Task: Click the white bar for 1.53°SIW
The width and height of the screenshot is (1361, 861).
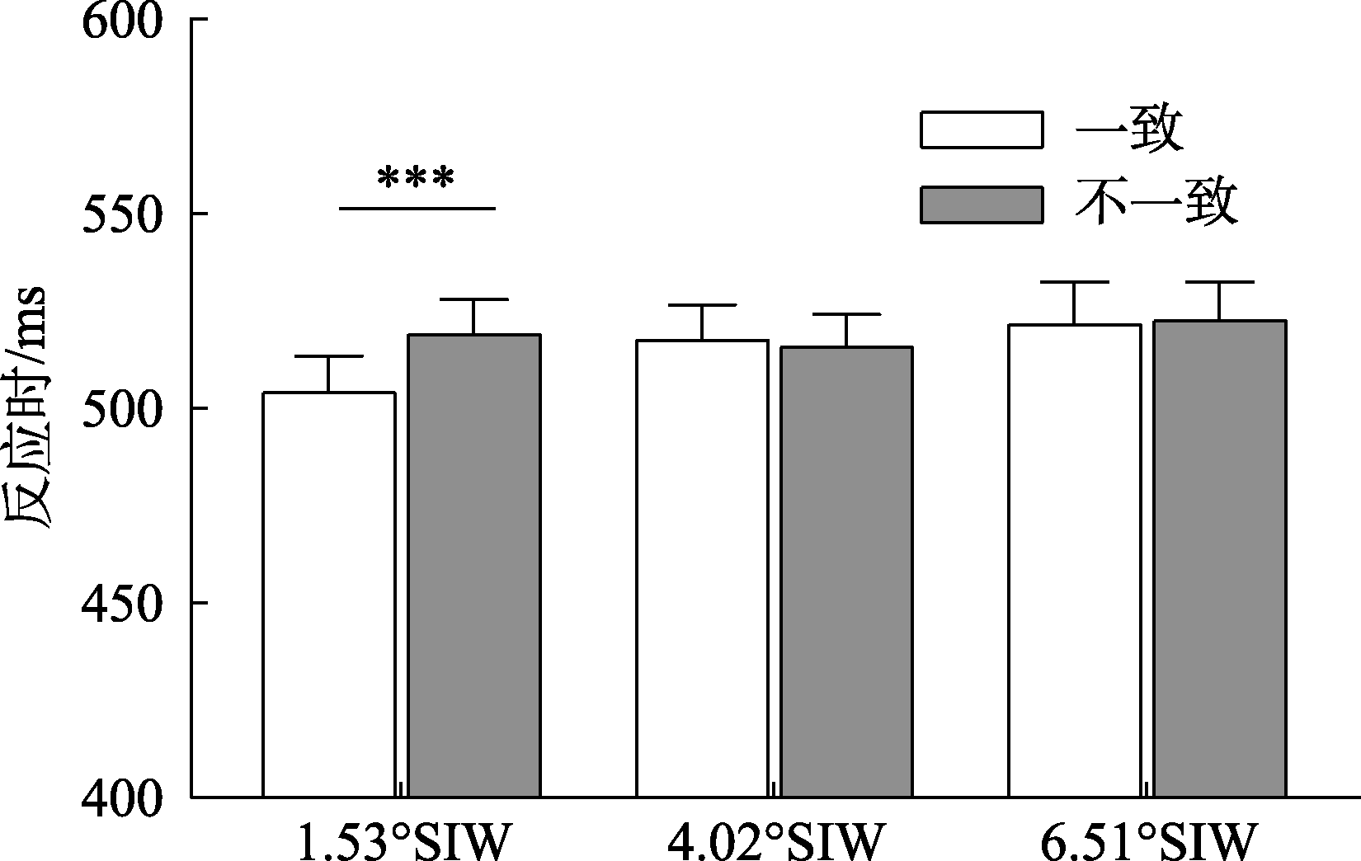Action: tap(328, 594)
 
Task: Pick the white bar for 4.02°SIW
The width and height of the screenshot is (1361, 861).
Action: tap(702, 569)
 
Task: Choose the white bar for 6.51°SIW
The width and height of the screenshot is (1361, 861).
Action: tap(1075, 561)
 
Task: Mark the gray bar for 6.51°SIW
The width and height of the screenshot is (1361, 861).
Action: tap(1220, 559)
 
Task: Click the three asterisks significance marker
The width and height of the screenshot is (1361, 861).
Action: tap(416, 179)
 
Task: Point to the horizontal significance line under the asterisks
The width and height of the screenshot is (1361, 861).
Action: tap(417, 209)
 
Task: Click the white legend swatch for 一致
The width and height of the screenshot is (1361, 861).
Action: tap(982, 129)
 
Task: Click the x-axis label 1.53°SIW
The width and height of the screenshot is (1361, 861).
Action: tap(404, 841)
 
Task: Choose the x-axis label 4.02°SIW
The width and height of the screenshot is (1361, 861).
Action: tap(775, 841)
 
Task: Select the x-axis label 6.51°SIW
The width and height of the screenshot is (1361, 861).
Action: tap(1148, 841)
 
